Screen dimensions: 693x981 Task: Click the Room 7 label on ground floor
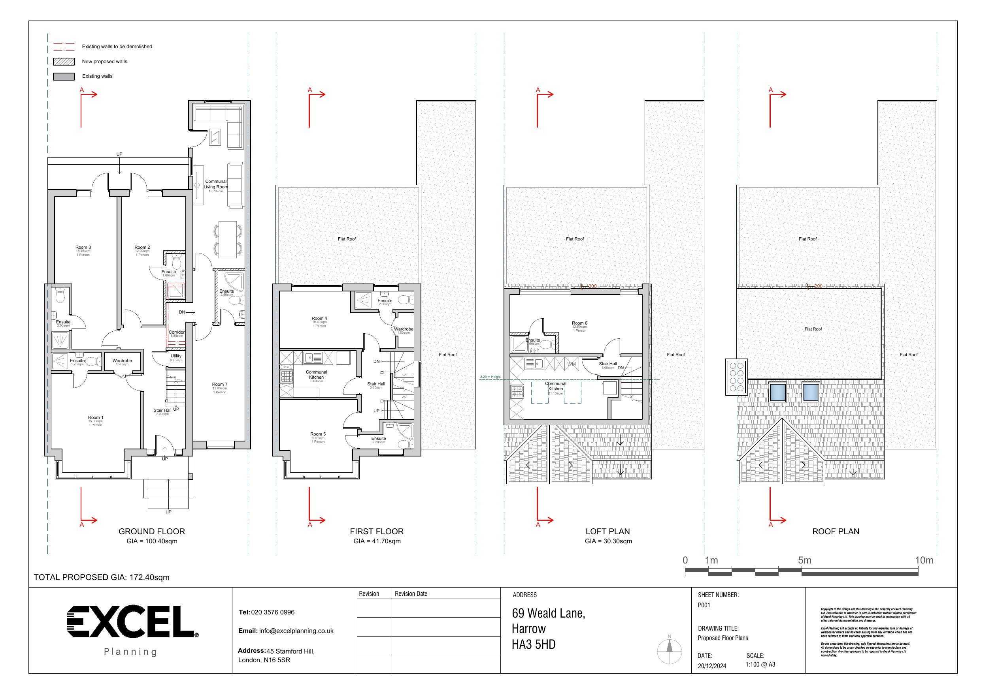220,384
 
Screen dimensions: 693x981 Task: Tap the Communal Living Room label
216,184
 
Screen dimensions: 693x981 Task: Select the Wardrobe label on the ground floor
122,361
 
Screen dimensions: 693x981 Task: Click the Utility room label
176,356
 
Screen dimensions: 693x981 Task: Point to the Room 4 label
319,319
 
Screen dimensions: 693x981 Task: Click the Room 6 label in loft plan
579,323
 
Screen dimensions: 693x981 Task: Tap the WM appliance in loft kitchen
572,364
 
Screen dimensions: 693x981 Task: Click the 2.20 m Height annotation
490,377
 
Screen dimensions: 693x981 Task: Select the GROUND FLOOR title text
152,531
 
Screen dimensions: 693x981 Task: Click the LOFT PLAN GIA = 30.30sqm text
608,541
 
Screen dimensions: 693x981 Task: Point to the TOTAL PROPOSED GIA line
102,578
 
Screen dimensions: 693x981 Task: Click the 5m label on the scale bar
805,561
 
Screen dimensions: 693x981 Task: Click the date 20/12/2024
712,666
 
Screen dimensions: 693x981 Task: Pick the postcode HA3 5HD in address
533,645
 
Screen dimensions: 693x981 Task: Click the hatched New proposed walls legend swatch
64,62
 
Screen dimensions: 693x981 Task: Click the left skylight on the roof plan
777,393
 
